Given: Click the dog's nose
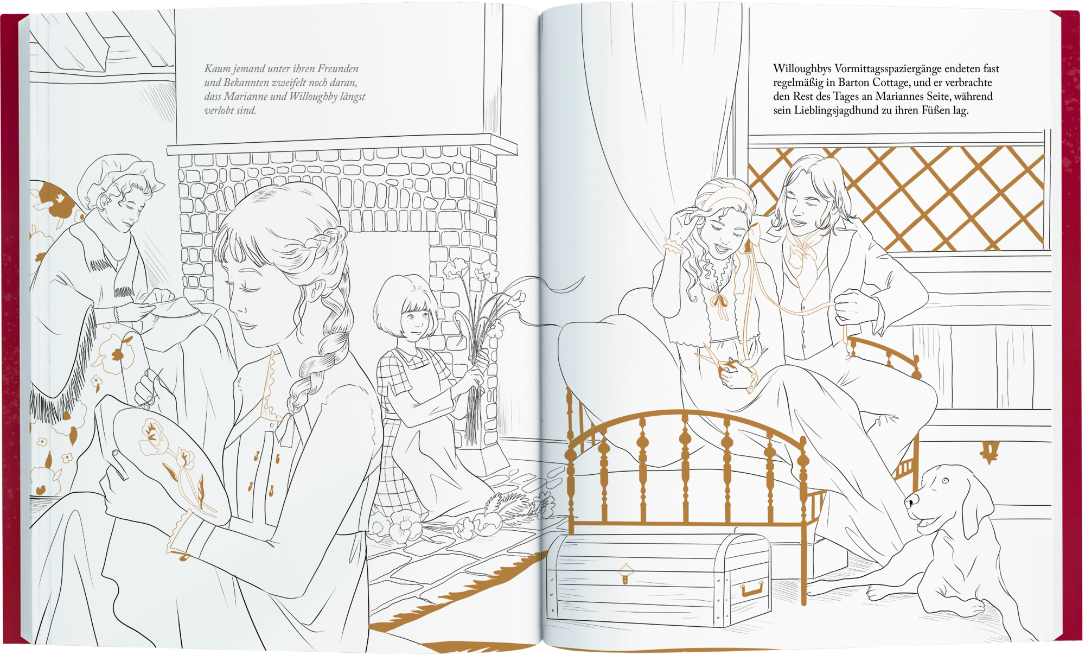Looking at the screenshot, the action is click(910, 502).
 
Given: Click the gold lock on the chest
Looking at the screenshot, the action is click(626, 573).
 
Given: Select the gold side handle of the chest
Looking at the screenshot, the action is click(752, 588).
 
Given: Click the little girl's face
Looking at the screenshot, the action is click(415, 320).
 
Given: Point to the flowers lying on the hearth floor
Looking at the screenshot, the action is click(461, 518).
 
